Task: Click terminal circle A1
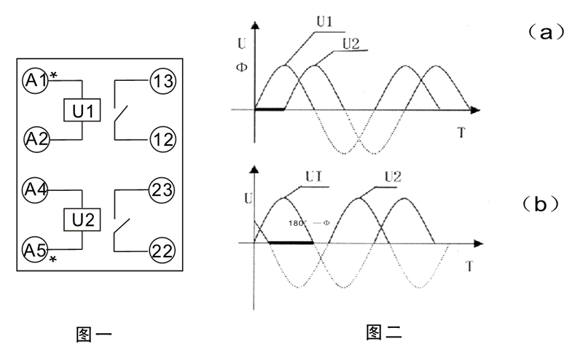tap(34, 79)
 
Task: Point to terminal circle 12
tap(162, 136)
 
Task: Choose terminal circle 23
tap(160, 190)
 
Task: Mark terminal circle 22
tap(160, 250)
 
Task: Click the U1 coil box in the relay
tap(83, 111)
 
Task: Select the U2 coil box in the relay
tap(83, 218)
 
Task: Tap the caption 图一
tap(94, 334)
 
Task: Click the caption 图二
tap(384, 333)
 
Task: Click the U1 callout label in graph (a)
tap(325, 22)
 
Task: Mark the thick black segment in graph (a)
tap(268, 109)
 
